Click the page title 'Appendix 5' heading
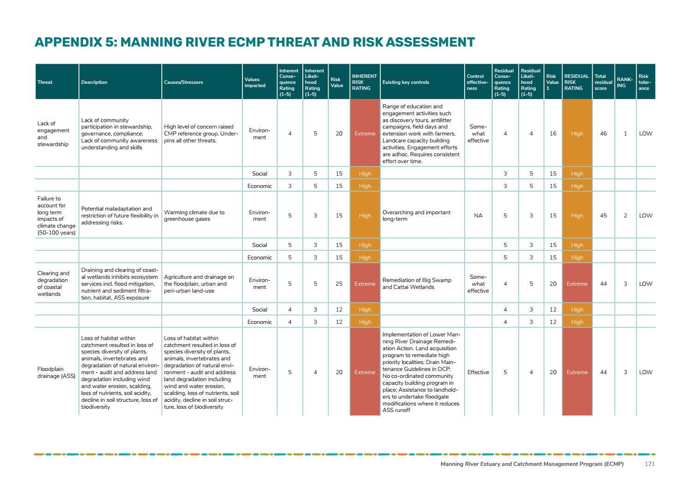254,42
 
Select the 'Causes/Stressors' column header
183,82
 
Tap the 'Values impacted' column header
255,82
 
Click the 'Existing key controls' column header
406,82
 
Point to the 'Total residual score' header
603,82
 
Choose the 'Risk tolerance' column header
644,82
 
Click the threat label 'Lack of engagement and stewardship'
53,134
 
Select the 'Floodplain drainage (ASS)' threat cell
56,372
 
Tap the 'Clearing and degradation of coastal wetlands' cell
53,283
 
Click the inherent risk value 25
339,284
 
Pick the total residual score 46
603,134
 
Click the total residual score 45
603,216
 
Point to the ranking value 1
625,134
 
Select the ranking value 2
625,216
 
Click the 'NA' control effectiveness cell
478,216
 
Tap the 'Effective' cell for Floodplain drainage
478,372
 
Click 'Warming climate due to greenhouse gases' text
194,216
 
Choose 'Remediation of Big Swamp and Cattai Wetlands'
417,283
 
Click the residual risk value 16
553,134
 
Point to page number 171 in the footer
649,464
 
